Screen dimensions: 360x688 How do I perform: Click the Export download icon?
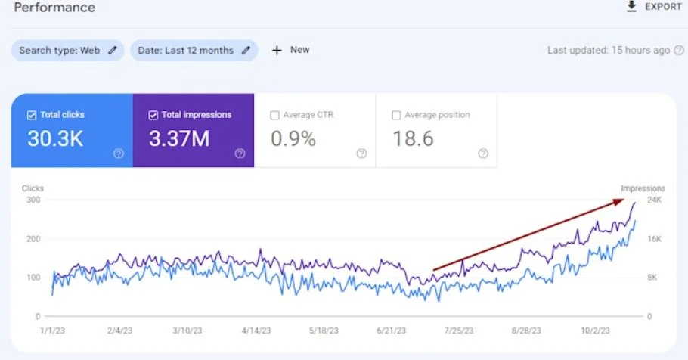(632, 7)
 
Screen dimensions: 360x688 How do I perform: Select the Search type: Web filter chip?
(67, 50)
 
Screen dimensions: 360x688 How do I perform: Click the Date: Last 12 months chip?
(194, 50)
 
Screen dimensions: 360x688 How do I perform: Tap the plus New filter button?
(290, 50)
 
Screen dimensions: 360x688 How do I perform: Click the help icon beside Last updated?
(679, 51)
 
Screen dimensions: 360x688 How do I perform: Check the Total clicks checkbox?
(31, 115)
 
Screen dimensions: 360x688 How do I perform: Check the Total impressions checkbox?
(153, 115)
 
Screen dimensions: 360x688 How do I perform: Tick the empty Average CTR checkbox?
(275, 115)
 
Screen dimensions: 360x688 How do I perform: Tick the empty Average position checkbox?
(397, 115)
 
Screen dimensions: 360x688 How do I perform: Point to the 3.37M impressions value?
(180, 138)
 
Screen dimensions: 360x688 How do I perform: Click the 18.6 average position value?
(412, 138)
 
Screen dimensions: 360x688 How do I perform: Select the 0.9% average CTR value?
(294, 138)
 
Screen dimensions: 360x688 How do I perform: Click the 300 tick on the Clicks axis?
(33, 200)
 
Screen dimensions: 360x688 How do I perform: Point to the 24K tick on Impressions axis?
(653, 200)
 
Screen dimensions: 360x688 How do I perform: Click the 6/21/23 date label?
(390, 331)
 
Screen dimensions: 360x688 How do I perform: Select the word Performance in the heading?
(54, 8)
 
